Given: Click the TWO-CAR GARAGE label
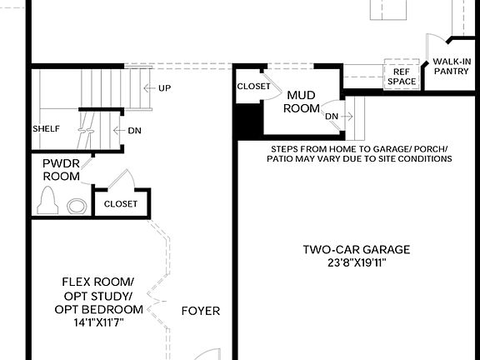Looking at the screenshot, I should (x=356, y=249).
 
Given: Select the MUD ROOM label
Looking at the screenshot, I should (x=301, y=102).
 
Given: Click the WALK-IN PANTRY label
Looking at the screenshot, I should (x=451, y=66).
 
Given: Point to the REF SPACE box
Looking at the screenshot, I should (x=400, y=77).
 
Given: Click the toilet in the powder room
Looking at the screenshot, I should (x=48, y=202).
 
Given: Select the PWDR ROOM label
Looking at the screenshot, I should (x=61, y=170).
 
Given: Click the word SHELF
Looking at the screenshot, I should (x=45, y=130).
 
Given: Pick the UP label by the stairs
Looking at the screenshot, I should (x=164, y=87).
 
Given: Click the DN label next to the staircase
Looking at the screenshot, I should (x=134, y=131).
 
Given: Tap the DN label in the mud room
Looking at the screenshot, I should (x=332, y=116).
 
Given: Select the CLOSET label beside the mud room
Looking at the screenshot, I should (x=253, y=87).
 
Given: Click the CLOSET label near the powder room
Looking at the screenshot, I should (x=121, y=203).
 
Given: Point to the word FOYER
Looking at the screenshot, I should (x=201, y=311).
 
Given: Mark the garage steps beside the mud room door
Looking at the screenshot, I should (x=356, y=119).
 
